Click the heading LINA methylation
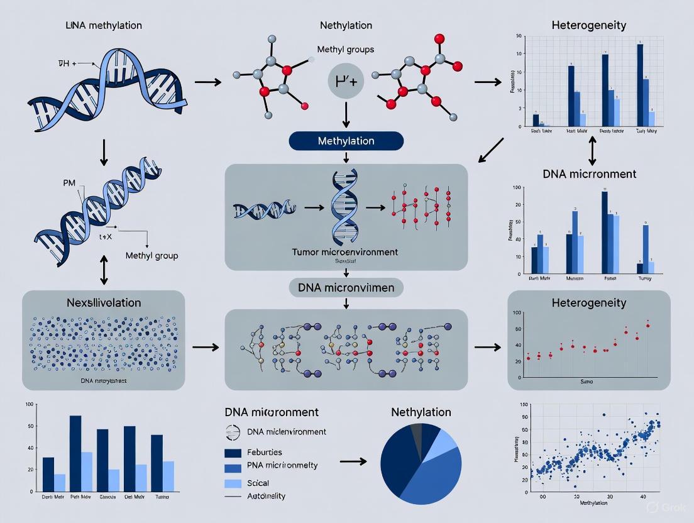[x=103, y=26]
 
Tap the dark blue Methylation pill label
[x=346, y=141]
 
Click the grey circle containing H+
[x=346, y=83]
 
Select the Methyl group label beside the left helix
[x=151, y=256]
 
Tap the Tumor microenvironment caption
[x=345, y=252]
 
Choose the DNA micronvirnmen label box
[x=346, y=287]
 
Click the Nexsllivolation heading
[x=104, y=302]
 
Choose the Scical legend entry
[x=258, y=483]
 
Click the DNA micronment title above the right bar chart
[x=589, y=174]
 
